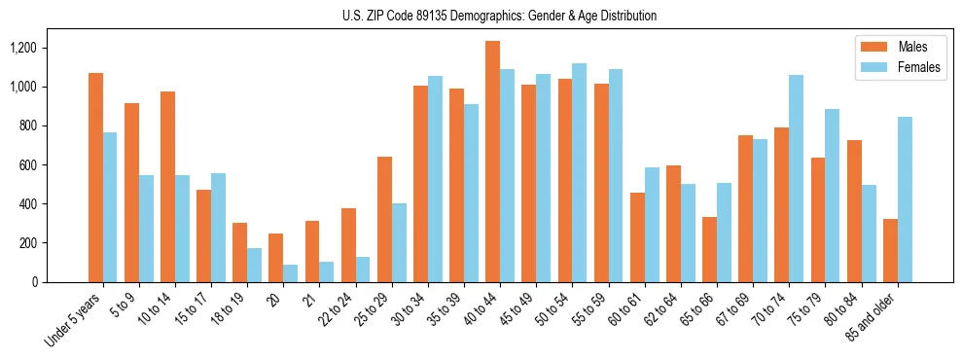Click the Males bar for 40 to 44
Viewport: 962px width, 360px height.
[x=492, y=162]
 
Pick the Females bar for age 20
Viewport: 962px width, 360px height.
[x=291, y=273]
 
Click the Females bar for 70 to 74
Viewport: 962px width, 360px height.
[x=797, y=178]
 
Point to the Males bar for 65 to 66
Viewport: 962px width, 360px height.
[x=710, y=249]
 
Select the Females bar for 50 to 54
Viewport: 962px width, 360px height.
[x=580, y=172]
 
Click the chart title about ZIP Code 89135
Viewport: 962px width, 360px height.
[x=500, y=16]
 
